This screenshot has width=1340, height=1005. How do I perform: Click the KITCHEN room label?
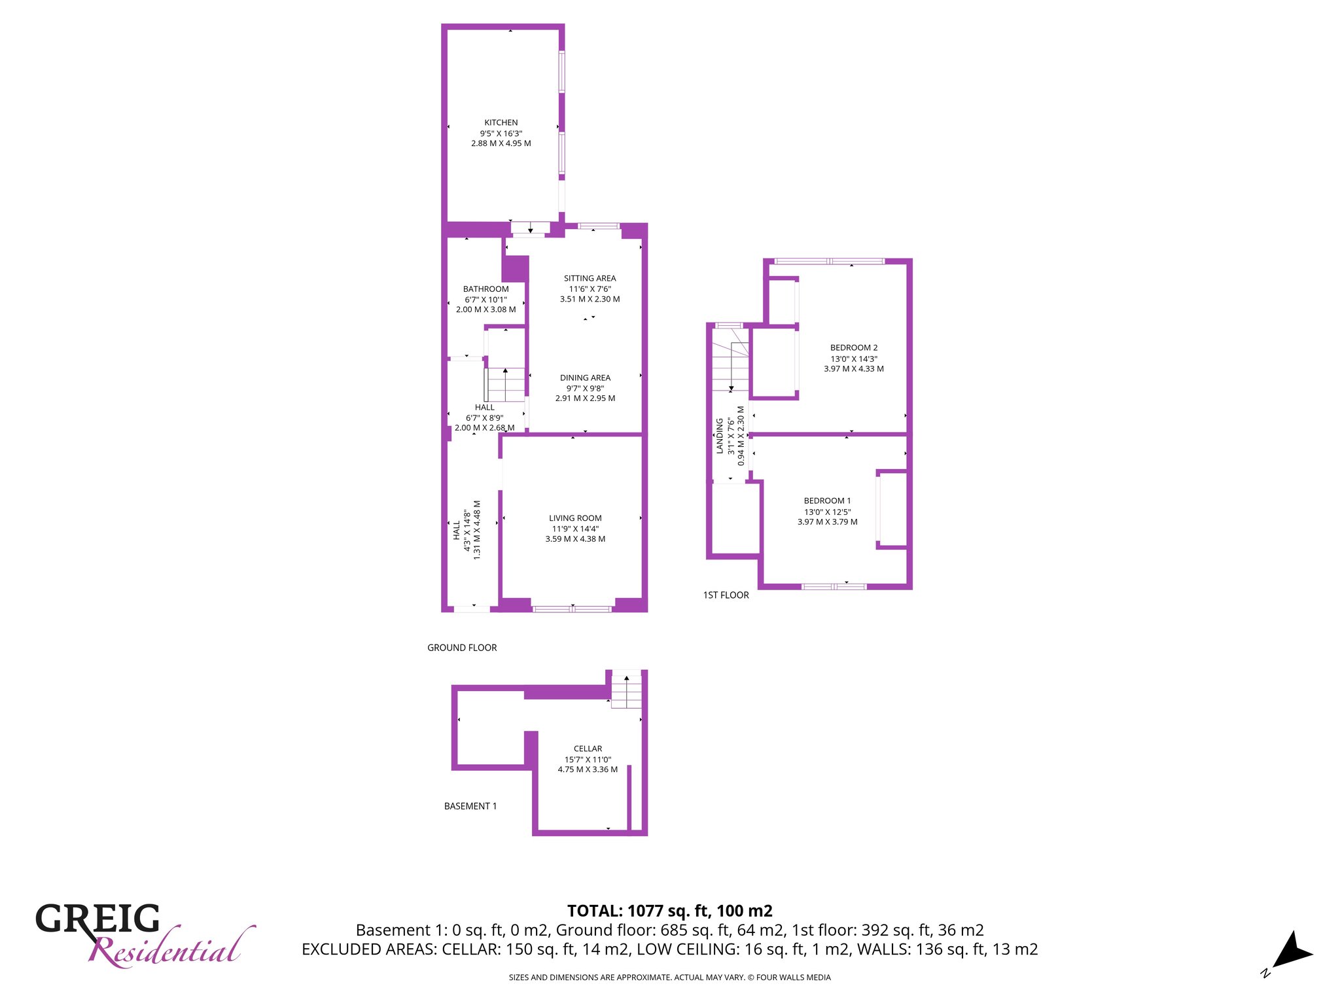tap(501, 122)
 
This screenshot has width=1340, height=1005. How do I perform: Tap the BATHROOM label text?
tap(485, 289)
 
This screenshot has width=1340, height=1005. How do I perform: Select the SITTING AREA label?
tap(590, 278)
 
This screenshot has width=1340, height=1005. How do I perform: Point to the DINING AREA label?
tap(585, 378)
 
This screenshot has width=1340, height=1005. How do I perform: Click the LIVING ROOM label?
tap(575, 518)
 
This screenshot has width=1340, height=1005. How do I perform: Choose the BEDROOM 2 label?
tap(854, 347)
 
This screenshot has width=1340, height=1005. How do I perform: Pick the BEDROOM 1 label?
tap(827, 501)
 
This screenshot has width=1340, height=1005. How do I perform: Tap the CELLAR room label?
tap(588, 749)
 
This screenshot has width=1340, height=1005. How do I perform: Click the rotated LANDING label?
tap(720, 436)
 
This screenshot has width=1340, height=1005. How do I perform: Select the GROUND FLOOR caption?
tap(462, 648)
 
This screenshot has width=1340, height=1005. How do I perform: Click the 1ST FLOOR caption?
tap(726, 595)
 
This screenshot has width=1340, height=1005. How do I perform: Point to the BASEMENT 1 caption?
tap(470, 806)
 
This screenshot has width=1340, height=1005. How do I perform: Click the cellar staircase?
tap(626, 690)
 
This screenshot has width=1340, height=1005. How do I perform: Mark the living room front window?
tap(573, 609)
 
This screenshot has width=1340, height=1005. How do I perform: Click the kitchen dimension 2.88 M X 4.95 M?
tap(501, 143)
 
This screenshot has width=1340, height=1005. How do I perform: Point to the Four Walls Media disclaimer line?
tap(670, 978)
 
